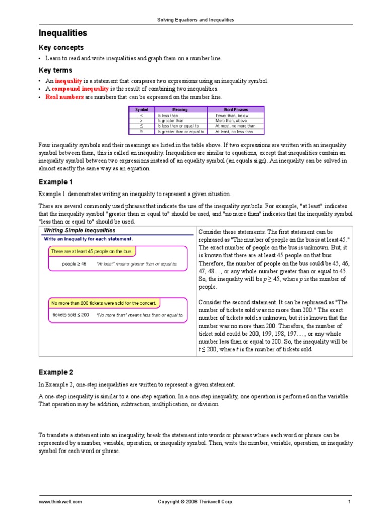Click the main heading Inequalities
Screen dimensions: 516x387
63,33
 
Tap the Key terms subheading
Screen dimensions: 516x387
55,70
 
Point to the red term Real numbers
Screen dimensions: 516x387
64,97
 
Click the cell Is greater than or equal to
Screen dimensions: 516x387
180,132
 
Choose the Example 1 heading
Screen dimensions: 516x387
56,181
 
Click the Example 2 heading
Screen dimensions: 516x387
56,372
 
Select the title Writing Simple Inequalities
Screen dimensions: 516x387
80,230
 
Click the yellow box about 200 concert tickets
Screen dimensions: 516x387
104,303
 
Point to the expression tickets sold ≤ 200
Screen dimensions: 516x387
71,315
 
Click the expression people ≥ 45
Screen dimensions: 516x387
74,263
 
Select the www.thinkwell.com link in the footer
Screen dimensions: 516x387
60,502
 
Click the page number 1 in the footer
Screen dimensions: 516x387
349,502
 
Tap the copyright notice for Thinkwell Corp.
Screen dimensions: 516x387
196,502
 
